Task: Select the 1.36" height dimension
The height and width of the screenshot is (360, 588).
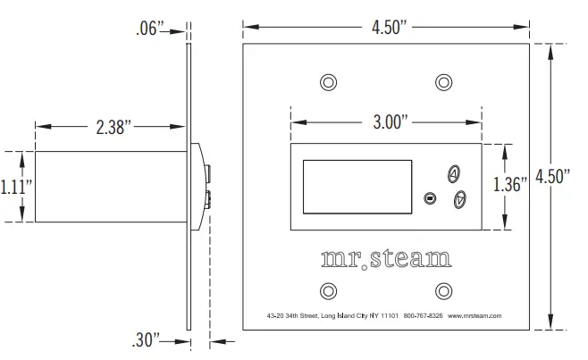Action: (510, 185)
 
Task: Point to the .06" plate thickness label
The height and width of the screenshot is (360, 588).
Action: (147, 29)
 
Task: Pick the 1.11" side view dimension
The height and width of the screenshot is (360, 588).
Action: (16, 187)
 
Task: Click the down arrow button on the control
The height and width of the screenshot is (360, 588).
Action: (459, 200)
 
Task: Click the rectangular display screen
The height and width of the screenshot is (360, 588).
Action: (357, 188)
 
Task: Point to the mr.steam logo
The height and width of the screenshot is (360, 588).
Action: (386, 259)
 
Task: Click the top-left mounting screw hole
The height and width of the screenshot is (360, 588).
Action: (329, 82)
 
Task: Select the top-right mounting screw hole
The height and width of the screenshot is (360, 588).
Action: (443, 82)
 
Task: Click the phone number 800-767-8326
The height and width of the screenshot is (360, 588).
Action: (423, 315)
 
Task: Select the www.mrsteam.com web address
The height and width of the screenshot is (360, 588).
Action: (475, 315)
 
